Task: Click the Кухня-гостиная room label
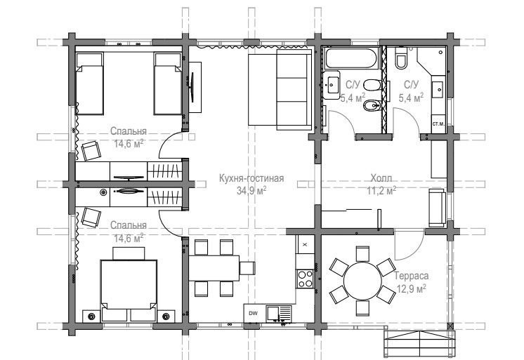[x=251, y=178]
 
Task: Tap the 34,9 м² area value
[x=251, y=190]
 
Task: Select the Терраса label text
[x=412, y=276]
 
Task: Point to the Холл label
[x=381, y=178]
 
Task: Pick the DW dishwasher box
[x=254, y=313]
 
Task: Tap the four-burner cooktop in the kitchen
[x=306, y=279]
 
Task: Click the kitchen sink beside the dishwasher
[x=279, y=314]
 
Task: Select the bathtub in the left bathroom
[x=352, y=58]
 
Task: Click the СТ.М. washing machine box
[x=438, y=124]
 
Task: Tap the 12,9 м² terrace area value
[x=412, y=288]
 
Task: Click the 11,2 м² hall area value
[x=381, y=191]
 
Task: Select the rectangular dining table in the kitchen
[x=214, y=268]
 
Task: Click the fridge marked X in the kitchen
[x=305, y=244]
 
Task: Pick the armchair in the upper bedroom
[x=91, y=151]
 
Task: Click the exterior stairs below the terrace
[x=419, y=344]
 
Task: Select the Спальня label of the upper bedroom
[x=129, y=131]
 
